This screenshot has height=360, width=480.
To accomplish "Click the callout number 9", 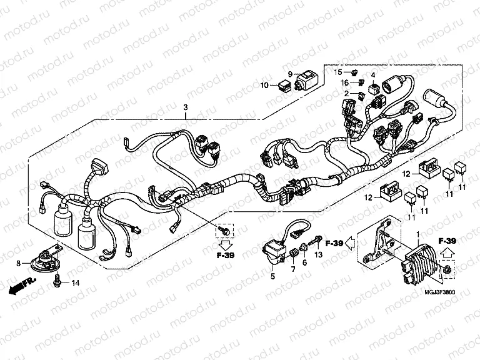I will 290,74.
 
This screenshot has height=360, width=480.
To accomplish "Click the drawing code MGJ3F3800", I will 441,292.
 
